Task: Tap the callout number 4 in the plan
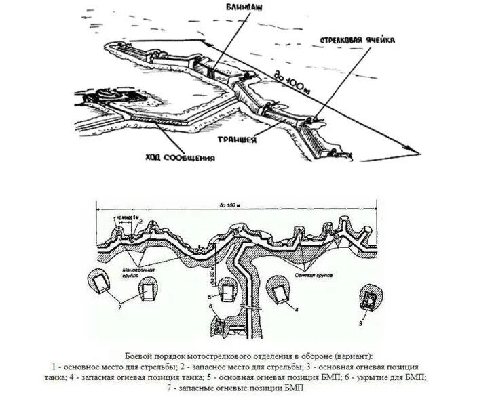coord(297,308)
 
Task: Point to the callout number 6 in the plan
coord(211,307)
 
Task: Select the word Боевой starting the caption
coord(140,356)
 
